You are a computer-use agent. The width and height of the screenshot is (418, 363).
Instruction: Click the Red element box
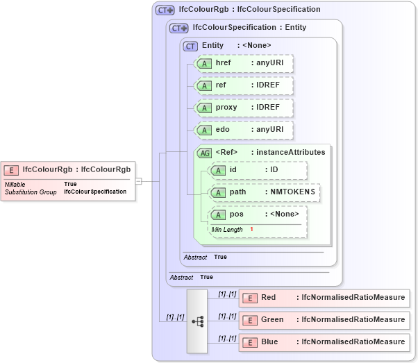323,298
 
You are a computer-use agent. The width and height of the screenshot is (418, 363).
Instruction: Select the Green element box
323,320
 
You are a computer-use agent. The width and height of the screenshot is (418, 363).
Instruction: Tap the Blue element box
323,342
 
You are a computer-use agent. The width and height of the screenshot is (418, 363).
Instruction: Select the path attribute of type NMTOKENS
265,192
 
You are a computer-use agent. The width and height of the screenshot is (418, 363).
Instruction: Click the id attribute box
258,170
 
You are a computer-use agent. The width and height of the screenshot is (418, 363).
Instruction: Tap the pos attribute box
258,214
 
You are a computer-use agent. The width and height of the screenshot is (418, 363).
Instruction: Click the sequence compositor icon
197,321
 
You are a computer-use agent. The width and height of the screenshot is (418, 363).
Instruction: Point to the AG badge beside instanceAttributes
205,153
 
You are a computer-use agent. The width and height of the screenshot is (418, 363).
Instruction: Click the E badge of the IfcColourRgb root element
11,169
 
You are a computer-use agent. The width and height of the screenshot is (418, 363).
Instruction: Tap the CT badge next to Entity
190,46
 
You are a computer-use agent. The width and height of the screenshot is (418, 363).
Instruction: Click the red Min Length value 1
251,230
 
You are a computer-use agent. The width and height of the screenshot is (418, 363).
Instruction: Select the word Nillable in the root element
15,184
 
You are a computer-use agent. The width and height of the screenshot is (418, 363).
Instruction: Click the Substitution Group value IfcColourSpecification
96,192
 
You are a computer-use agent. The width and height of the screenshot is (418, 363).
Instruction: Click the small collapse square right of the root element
139,181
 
